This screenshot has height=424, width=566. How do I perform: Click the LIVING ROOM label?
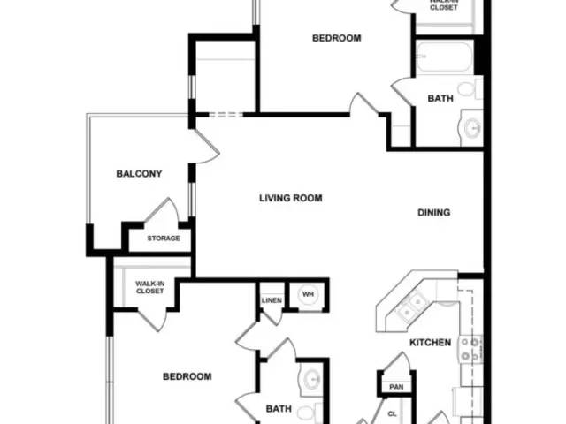pos(290,198)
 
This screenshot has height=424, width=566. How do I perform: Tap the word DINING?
pos(434,212)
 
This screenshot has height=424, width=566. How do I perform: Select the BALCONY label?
pos(139,174)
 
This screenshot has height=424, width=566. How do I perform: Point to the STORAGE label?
pos(163,238)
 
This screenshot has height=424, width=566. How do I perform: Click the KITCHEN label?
pos(430,343)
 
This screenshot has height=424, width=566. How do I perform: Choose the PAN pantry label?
pos(395,387)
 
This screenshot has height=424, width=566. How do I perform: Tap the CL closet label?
pos(392,413)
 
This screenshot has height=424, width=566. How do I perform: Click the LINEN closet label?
pos(272,301)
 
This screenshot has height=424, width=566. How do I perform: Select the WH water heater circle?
pos(309,294)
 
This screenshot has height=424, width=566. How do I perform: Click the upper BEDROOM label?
pos(337,38)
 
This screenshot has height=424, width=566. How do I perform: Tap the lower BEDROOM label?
pos(187,376)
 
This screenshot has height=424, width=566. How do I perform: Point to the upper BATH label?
pos(440,99)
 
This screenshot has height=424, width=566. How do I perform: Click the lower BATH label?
pos(279,409)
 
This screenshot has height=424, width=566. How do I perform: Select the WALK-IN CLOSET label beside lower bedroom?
pos(149,287)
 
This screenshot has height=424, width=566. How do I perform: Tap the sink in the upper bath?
pos(472,128)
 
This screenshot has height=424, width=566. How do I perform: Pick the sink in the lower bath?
pos(311,381)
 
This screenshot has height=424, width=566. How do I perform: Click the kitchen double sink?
pos(410,307)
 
